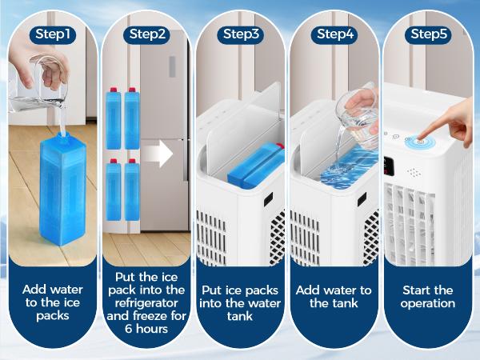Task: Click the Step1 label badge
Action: (52, 34)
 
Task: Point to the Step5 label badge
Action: (429, 34)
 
